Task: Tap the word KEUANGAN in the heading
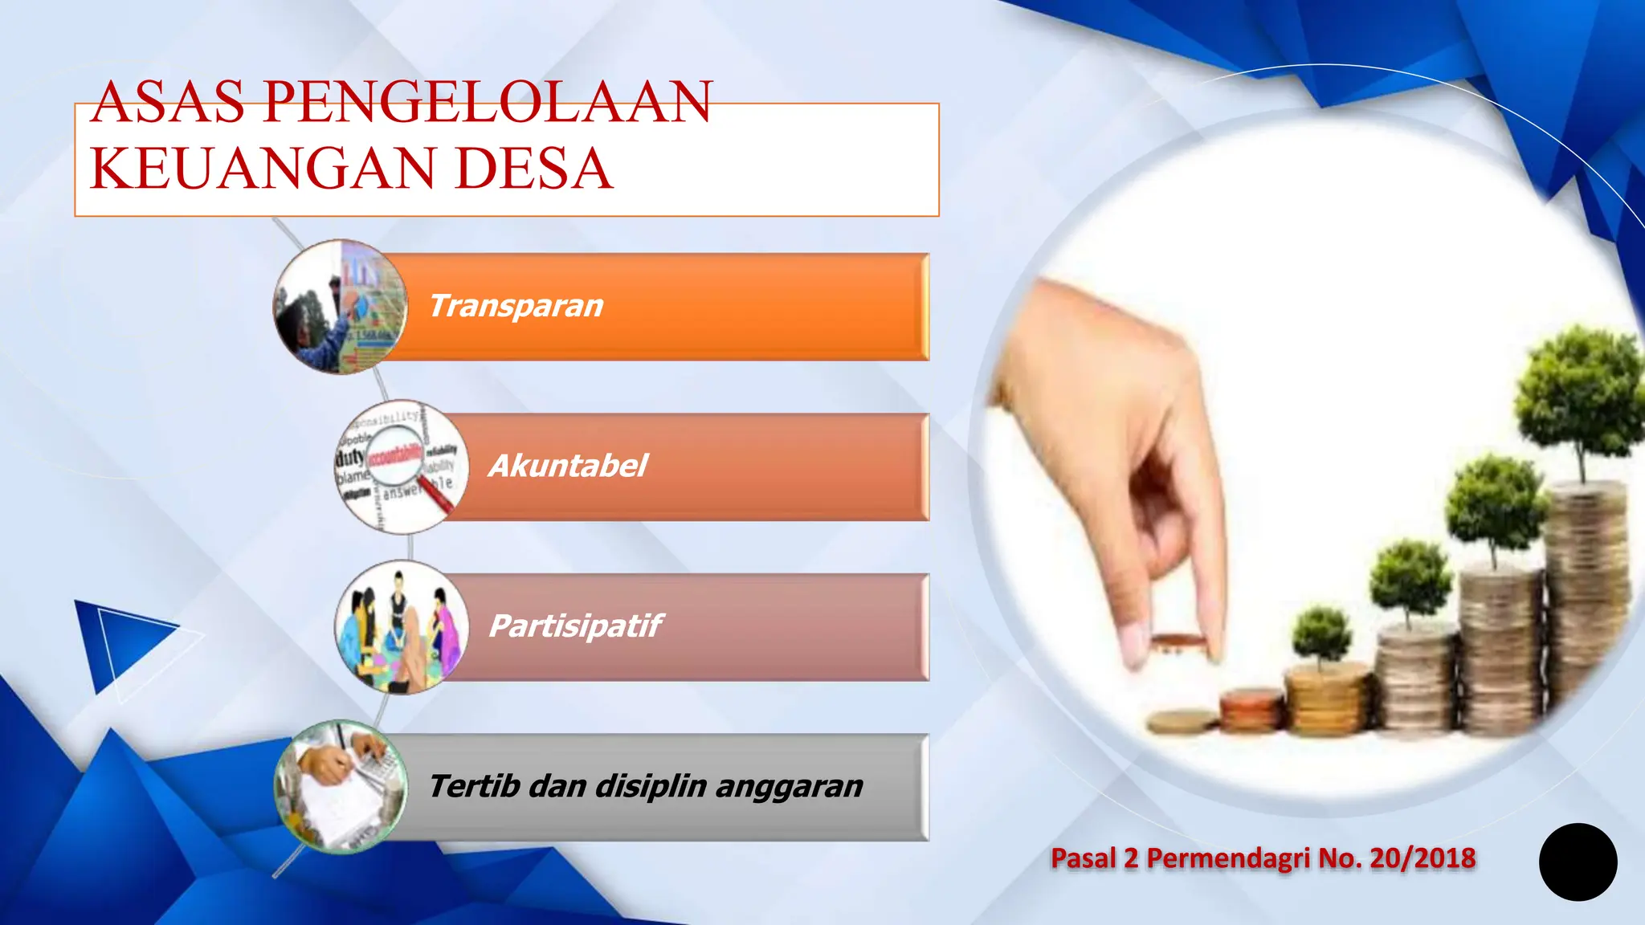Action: click(x=262, y=169)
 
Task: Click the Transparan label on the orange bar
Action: click(x=516, y=306)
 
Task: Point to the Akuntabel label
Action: click(x=568, y=466)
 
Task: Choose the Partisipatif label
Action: click(x=575, y=625)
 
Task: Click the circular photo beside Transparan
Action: click(x=341, y=307)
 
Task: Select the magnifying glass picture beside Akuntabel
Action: click(x=402, y=467)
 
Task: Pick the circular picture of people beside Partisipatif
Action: click(x=402, y=627)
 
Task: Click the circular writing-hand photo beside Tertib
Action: click(x=341, y=787)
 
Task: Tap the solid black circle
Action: click(x=1578, y=862)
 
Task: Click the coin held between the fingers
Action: click(x=1178, y=641)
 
